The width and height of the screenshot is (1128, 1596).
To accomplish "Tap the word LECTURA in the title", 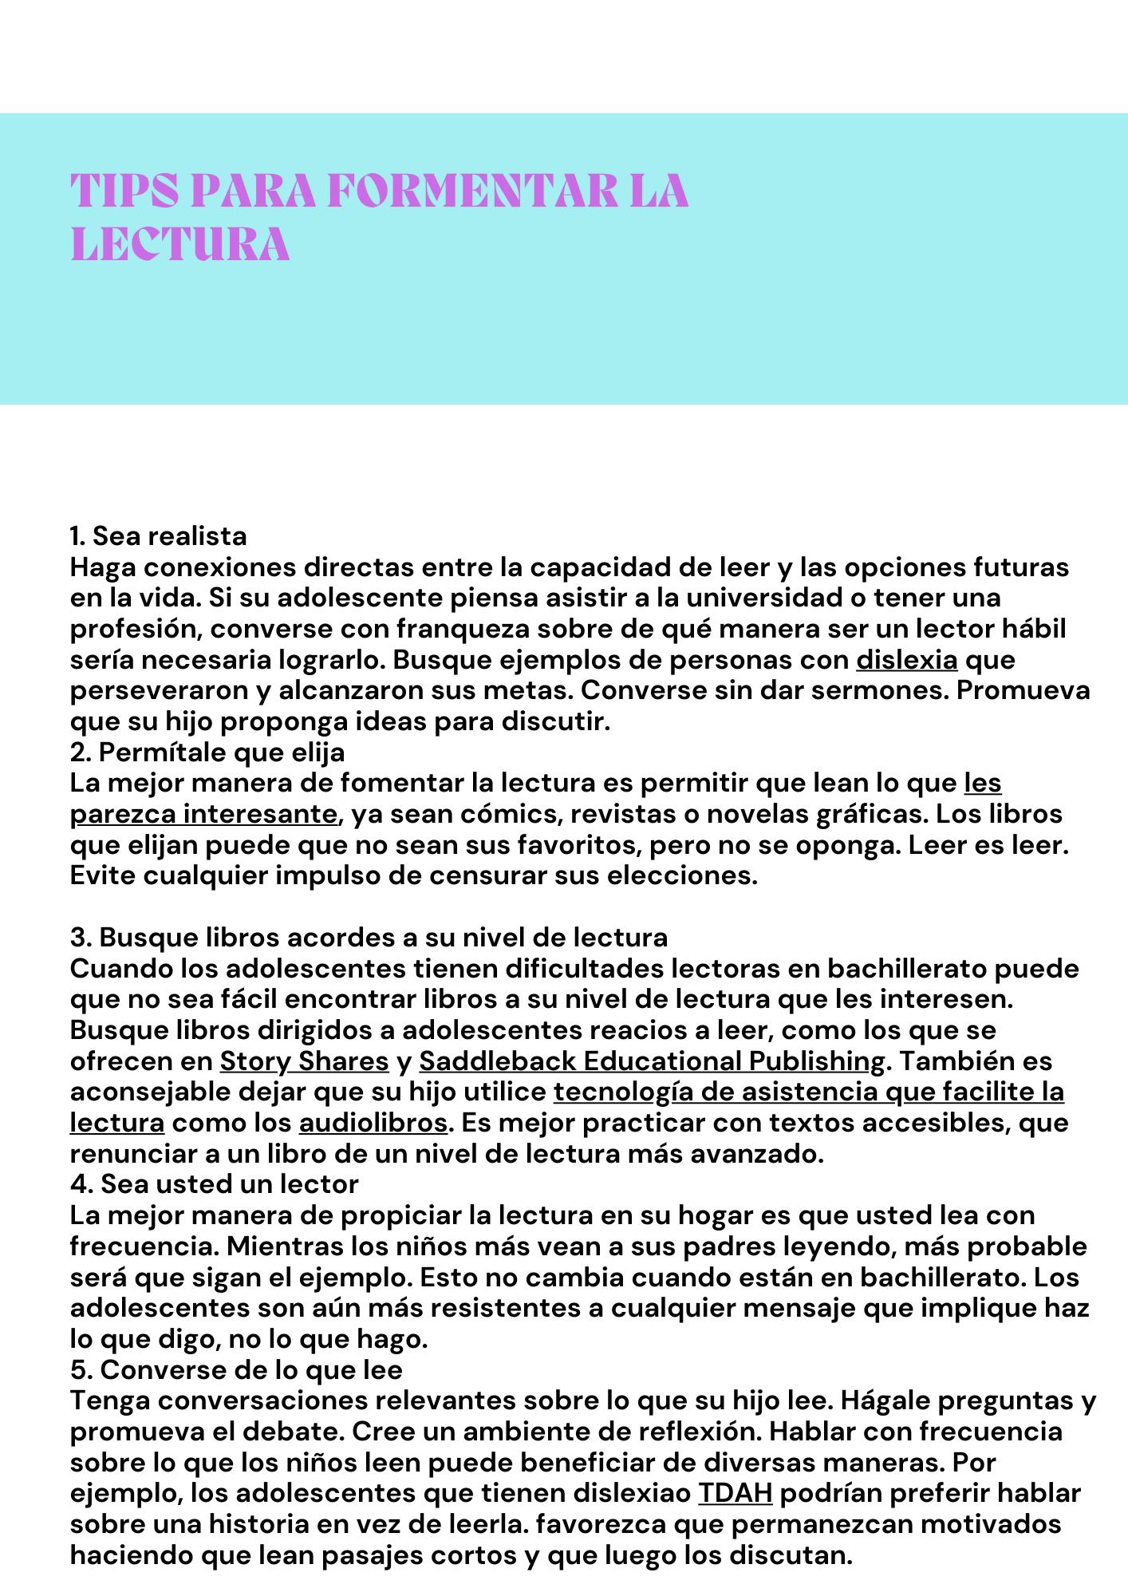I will click(x=180, y=245).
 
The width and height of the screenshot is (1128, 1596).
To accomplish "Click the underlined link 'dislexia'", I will click(x=907, y=660).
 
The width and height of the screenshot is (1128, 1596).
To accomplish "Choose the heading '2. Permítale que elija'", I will click(x=207, y=753).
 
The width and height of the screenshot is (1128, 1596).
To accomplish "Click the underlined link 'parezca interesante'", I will click(x=204, y=814).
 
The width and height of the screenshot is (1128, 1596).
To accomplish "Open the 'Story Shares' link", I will click(x=305, y=1061).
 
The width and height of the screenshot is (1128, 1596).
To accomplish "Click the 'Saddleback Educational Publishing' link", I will click(x=652, y=1061).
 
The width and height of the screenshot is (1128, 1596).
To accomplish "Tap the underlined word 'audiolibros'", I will click(x=373, y=1123).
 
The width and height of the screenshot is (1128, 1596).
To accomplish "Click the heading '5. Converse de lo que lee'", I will click(x=236, y=1369).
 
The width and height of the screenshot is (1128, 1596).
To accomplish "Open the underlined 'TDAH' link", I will click(x=735, y=1493).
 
